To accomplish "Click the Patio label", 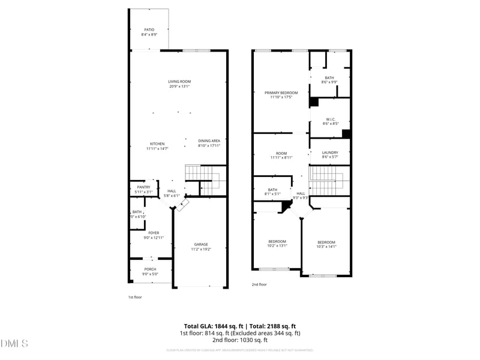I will tap(149, 32).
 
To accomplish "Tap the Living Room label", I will tap(179, 84).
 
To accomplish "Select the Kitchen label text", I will tap(157, 146).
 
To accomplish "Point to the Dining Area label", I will tap(209, 143).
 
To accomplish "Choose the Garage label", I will tap(200, 247).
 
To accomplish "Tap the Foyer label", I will tap(154, 235).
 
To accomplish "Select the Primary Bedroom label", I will tap(281, 95).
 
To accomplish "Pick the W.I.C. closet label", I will tap(331, 121).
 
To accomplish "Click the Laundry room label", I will tap(330, 155).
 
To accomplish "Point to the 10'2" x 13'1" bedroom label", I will tap(277, 244).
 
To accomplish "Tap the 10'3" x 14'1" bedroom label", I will tap(326, 244).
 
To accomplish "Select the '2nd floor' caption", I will tap(259, 285).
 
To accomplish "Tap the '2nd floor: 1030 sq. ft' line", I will tap(240, 340).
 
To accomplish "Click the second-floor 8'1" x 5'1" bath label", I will tap(272, 192).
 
